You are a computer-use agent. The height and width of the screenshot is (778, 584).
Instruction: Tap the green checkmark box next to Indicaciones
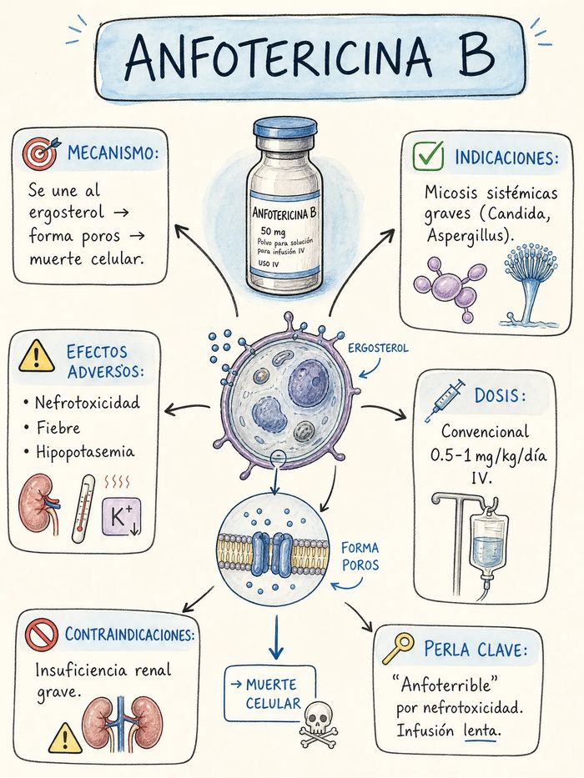[x=428, y=156]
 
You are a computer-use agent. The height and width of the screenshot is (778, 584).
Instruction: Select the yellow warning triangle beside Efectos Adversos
[x=36, y=357]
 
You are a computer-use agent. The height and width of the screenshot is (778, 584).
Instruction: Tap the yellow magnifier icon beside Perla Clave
[x=398, y=648]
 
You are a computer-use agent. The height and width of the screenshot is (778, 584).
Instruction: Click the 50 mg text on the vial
[x=273, y=232]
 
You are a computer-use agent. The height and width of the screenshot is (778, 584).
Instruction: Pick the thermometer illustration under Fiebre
[x=83, y=509]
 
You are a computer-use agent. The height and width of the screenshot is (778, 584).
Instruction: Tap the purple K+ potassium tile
[x=122, y=517]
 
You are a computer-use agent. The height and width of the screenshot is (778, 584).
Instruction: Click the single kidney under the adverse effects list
[x=39, y=504]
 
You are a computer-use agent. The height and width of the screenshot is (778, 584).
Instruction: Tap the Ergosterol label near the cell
[x=378, y=348]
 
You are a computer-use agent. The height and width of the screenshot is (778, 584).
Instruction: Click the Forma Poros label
[x=360, y=556]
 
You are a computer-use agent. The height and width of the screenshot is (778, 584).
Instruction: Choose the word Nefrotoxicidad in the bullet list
[x=88, y=402]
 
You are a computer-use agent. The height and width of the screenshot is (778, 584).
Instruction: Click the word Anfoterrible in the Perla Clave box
[x=446, y=685]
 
